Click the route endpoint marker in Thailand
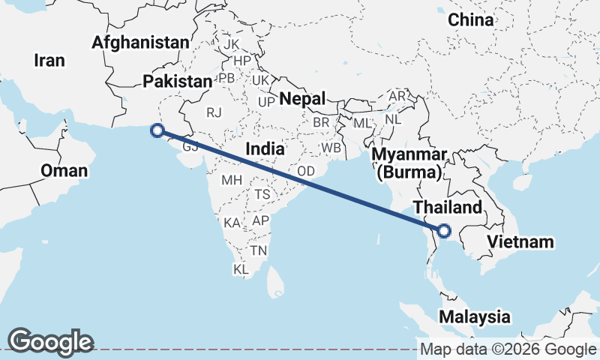442,231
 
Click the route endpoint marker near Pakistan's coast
157,130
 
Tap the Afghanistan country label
140,43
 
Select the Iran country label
49,61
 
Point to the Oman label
64,171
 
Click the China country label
471,20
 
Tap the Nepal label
303,98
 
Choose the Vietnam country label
520,241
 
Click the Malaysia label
475,316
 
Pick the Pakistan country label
178,81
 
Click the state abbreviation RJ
215,112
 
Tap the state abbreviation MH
230,180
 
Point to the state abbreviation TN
259,250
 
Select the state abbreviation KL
241,268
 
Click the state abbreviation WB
331,148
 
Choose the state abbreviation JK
231,44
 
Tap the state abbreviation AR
397,97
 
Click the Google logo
50,341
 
